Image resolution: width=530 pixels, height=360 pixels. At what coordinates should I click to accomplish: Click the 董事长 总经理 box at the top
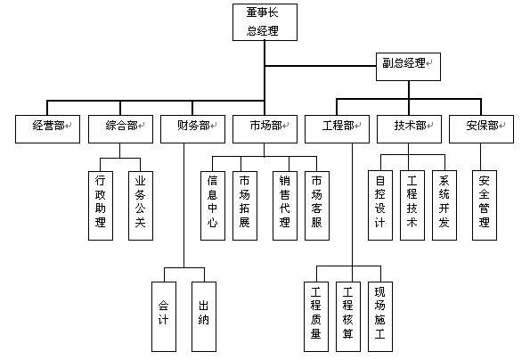(265, 22)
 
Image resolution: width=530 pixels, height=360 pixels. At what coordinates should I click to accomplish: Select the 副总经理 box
(408, 67)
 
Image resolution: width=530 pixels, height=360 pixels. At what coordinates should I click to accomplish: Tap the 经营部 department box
(48, 129)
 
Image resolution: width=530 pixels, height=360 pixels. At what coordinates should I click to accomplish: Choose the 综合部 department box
(120, 129)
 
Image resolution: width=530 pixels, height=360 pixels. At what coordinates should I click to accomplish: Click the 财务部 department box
(192, 129)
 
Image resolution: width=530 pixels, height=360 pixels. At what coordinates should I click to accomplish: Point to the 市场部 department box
(265, 129)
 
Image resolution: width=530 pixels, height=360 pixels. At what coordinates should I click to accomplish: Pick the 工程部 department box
(337, 129)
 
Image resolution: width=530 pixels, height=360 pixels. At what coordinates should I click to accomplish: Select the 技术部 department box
(410, 129)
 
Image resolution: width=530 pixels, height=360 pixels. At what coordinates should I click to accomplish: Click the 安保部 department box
(481, 129)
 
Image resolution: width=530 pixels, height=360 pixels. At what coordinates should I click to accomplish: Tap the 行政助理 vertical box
(101, 206)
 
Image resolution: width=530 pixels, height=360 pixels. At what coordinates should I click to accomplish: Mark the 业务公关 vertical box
(141, 206)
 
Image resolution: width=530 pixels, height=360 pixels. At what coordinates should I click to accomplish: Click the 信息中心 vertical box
(213, 206)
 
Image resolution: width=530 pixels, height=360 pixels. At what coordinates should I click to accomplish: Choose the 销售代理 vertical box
(285, 206)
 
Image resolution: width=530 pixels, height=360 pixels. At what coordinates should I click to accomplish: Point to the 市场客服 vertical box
(317, 206)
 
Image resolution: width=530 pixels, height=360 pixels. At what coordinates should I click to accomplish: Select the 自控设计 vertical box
(380, 205)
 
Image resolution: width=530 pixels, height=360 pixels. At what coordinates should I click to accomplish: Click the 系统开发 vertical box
(444, 205)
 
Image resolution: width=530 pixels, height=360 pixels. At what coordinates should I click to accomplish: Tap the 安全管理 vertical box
(485, 205)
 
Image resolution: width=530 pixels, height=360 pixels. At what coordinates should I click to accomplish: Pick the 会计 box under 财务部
(164, 316)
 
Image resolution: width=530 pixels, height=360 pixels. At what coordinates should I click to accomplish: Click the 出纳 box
(204, 316)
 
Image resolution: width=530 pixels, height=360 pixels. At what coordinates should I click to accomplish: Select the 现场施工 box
(380, 316)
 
